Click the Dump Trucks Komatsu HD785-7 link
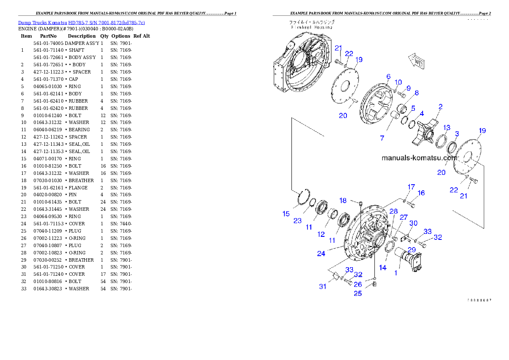[81, 23]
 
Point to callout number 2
[440, 106]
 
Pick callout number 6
[388, 77]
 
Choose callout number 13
[447, 127]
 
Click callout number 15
[286, 214]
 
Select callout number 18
[343, 201]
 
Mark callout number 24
[321, 254]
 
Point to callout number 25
[358, 293]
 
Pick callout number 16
[421, 193]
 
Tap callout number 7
[382, 138]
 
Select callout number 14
[382, 268]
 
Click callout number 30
[413, 223]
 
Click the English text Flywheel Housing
[312, 27]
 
